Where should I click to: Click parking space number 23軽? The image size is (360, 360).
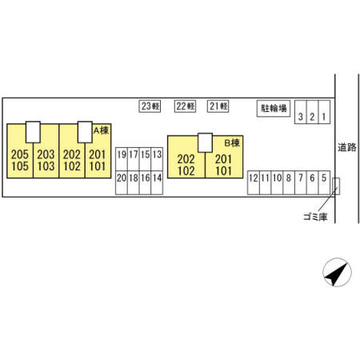pyautogui.click(x=150, y=106)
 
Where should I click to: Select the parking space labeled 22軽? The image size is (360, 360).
pyautogui.click(x=185, y=106)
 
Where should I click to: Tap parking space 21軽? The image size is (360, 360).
pyautogui.click(x=218, y=106)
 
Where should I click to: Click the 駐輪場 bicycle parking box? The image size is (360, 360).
pyautogui.click(x=274, y=108)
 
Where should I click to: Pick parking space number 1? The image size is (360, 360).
pyautogui.click(x=324, y=112)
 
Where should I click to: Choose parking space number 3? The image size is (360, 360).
pyautogui.click(x=301, y=112)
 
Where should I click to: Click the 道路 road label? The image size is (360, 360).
pyautogui.click(x=347, y=147)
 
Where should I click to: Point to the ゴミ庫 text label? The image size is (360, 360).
pyautogui.click(x=315, y=217)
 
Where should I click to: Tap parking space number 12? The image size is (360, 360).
pyautogui.click(x=254, y=182)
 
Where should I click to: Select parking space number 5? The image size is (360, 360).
pyautogui.click(x=324, y=182)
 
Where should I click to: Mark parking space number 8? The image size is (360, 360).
pyautogui.click(x=289, y=182)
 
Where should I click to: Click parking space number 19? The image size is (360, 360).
pyautogui.click(x=122, y=159)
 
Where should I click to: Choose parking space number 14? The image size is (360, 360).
pyautogui.click(x=157, y=182)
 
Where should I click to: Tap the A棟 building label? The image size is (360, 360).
pyautogui.click(x=101, y=130)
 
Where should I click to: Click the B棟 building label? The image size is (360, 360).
pyautogui.click(x=232, y=143)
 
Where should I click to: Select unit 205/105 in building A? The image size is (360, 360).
pyautogui.click(x=20, y=151)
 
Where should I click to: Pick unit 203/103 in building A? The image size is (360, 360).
pyautogui.click(x=46, y=151)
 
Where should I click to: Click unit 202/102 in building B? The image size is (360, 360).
pyautogui.click(x=186, y=157)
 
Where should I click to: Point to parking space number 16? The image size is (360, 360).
pyautogui.click(x=145, y=182)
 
